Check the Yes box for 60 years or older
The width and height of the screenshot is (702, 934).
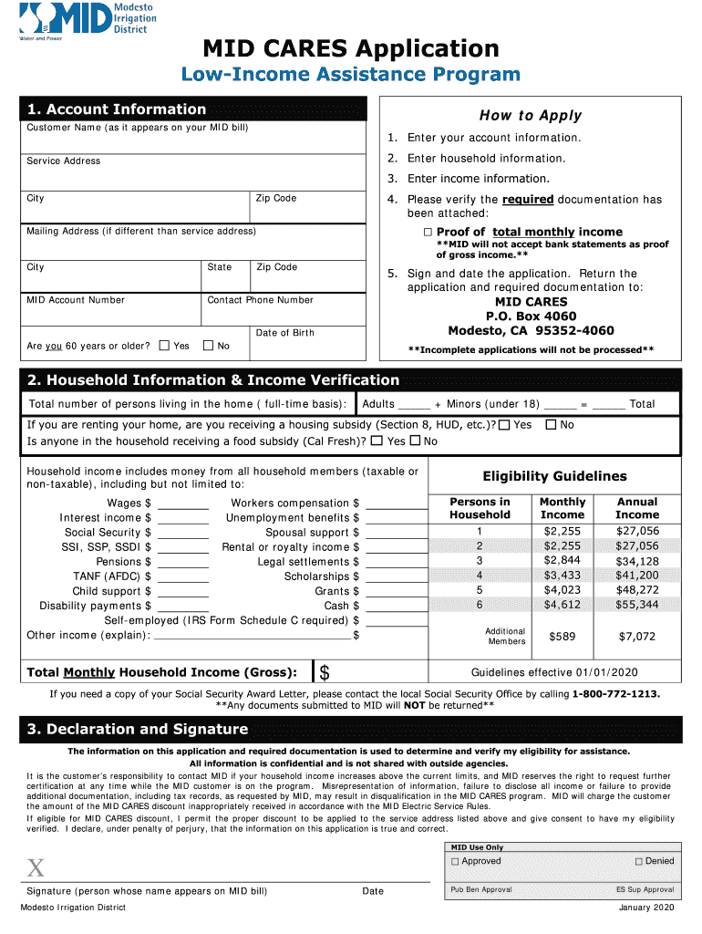pos(164,346)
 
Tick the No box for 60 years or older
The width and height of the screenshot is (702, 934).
pos(208,346)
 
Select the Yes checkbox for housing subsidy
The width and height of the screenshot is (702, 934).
pos(504,425)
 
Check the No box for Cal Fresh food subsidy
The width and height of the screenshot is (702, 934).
pos(415,441)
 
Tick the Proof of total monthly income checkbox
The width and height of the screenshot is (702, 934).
pos(427,233)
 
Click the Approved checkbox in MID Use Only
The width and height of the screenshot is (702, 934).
pos(455,861)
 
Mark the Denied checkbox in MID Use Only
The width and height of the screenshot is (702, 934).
pos(638,861)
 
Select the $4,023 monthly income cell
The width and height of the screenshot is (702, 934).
pos(562,590)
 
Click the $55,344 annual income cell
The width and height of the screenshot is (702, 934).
pos(637,605)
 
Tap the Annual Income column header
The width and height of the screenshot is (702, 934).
pos(637,508)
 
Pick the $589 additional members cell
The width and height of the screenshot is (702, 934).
pos(562,637)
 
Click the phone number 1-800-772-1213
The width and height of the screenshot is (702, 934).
pos(616,693)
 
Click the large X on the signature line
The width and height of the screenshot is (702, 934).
pos(36,867)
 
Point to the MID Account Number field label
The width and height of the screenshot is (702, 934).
pos(76,300)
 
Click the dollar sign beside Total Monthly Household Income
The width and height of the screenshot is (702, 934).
pos(325,673)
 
